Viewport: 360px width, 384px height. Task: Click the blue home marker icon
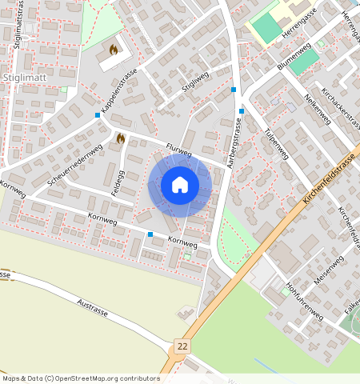point(180,185)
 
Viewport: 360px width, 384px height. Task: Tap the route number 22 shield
point(183,346)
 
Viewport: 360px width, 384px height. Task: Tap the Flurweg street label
point(179,150)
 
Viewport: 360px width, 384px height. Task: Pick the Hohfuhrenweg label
point(304,300)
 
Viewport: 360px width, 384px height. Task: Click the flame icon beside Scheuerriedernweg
point(120,138)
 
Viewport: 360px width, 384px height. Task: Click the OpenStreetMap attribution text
point(80,378)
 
